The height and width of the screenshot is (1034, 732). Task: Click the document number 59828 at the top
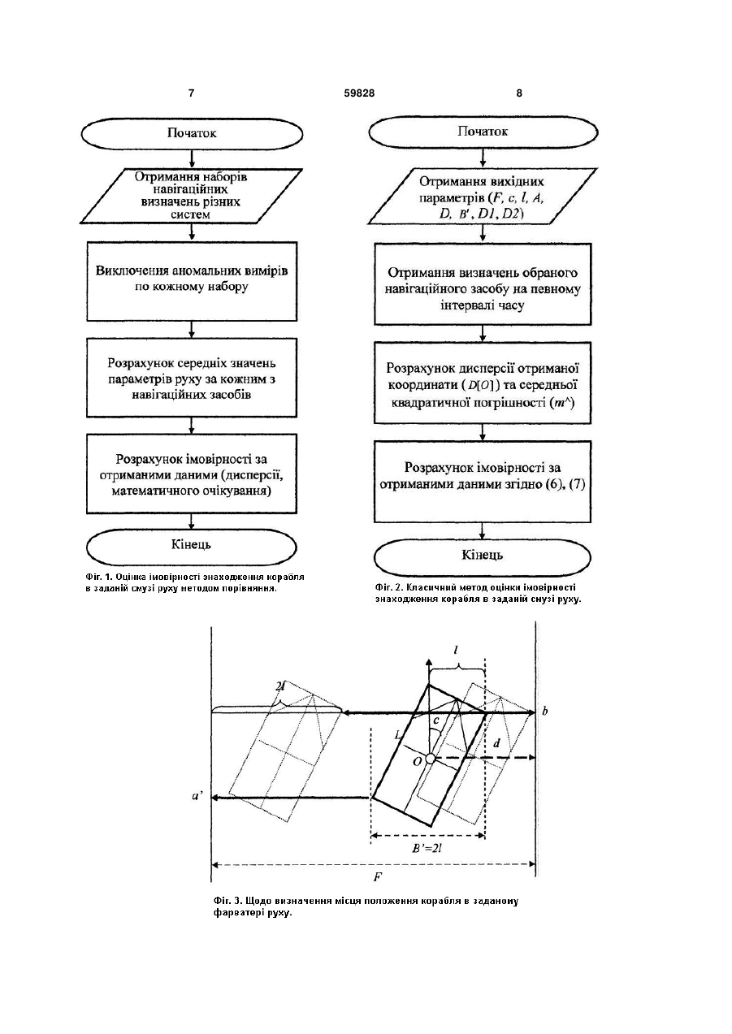359,93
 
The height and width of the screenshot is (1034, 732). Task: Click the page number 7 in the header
191,93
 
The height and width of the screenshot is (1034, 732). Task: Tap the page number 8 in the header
519,93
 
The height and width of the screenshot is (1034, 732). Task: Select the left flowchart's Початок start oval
192,134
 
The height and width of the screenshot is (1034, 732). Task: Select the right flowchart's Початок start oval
483,132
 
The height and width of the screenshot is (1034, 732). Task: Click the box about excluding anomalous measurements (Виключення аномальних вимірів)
192,281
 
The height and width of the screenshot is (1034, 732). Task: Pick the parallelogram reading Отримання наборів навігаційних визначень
192,197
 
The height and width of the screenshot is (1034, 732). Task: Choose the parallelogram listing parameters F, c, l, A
483,197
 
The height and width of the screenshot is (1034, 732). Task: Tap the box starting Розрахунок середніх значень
192,378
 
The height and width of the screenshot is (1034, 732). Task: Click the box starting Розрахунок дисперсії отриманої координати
483,383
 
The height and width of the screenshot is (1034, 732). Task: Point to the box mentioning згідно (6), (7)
483,482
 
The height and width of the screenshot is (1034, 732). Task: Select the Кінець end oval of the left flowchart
192,546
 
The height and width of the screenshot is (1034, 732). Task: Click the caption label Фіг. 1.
99,577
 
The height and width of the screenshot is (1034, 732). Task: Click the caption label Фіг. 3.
227,901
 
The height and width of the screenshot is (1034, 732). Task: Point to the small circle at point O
430,759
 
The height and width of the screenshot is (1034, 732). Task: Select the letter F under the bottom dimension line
377,876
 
